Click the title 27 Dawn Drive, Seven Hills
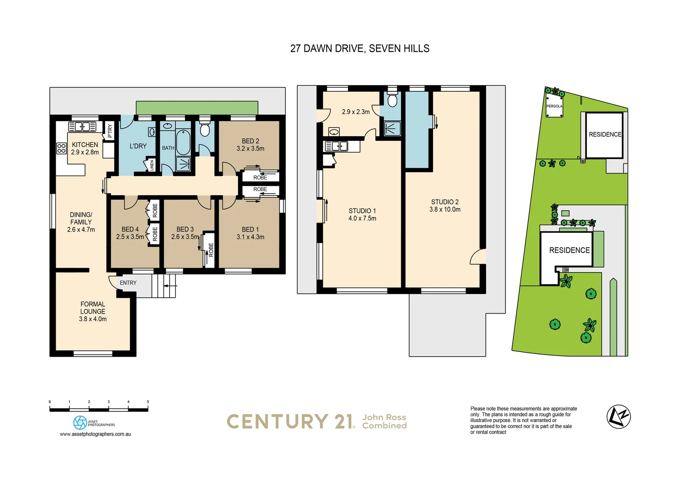point(360,49)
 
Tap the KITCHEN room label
point(85,145)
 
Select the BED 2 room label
point(250,141)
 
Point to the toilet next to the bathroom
point(205,130)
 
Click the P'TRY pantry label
point(110,130)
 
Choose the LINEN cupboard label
point(152,165)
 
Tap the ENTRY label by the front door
point(128,283)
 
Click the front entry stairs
point(164,286)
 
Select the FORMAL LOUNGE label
point(93,308)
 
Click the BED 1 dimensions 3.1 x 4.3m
point(250,237)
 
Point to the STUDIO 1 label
point(362,211)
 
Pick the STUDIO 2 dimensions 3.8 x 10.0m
point(445,209)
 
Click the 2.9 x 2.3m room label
point(356,112)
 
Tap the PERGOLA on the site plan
point(554,106)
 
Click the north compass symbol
point(619,417)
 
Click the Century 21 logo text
point(291,422)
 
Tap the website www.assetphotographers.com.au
point(95,434)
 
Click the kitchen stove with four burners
point(61,148)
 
